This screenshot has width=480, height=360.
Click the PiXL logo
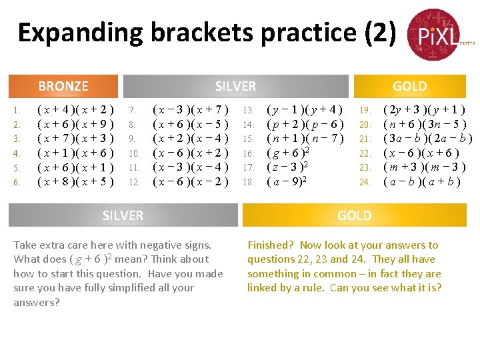click(x=434, y=33)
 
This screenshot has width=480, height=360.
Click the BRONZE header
click(x=63, y=86)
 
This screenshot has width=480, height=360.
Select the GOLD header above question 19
click(x=409, y=86)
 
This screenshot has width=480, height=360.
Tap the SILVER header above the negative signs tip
click(x=123, y=215)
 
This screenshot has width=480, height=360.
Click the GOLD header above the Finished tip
click(x=354, y=215)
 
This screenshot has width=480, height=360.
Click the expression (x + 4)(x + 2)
click(x=76, y=110)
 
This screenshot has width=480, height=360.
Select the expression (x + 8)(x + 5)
click(x=76, y=181)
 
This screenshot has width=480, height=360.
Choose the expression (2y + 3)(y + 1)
click(x=424, y=110)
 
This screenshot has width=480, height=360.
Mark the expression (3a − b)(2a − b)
click(x=428, y=139)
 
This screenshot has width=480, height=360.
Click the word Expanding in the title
click(x=79, y=33)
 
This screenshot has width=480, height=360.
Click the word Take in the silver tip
click(x=25, y=245)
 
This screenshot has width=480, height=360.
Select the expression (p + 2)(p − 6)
click(x=305, y=124)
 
